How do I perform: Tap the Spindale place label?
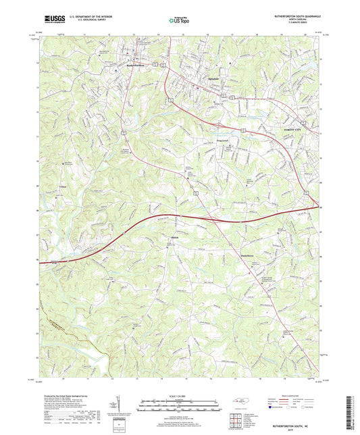(213, 76)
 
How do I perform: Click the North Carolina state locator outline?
(239, 401)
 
